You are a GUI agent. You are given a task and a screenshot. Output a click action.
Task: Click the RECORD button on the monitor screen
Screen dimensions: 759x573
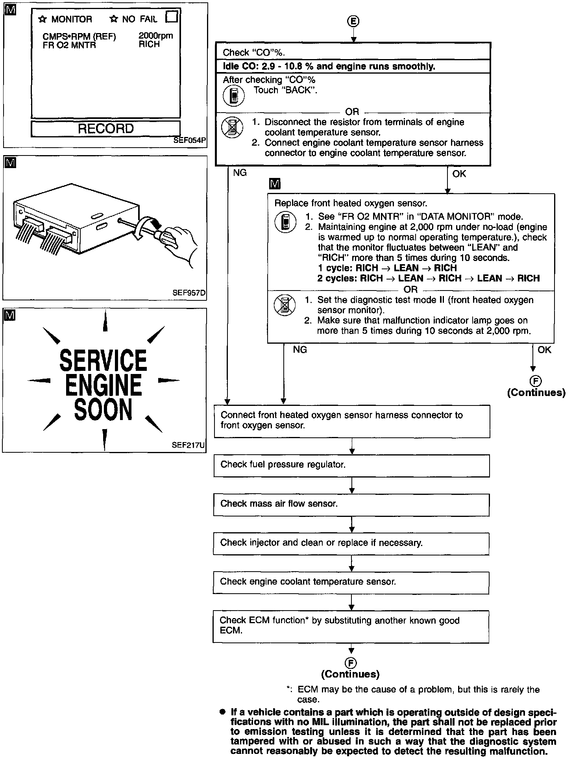click(x=105, y=129)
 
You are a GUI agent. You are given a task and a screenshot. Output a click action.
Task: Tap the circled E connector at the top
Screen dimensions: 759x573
click(x=353, y=22)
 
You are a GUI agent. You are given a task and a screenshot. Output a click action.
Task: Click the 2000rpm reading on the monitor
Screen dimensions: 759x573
click(x=155, y=36)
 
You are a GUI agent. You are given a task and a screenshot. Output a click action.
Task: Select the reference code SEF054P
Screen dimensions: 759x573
click(x=190, y=141)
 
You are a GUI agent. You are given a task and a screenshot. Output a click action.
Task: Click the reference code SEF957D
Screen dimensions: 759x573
click(x=189, y=293)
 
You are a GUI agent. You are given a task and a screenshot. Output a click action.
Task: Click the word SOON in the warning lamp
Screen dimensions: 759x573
click(x=103, y=410)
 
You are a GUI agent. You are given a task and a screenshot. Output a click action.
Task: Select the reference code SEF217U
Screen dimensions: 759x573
click(x=189, y=446)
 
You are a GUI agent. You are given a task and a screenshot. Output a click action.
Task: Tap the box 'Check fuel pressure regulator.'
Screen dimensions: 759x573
click(x=351, y=465)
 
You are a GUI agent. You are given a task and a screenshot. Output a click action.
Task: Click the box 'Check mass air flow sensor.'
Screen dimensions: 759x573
click(x=351, y=504)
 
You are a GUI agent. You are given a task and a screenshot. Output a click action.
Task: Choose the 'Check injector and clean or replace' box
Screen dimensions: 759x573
click(x=351, y=543)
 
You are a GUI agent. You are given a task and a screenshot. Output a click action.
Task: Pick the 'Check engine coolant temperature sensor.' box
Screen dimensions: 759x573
click(x=351, y=582)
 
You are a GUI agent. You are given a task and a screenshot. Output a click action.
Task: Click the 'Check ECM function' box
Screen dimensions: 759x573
click(x=351, y=626)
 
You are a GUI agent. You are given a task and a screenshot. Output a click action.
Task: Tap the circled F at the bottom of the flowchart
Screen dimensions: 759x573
click(x=351, y=663)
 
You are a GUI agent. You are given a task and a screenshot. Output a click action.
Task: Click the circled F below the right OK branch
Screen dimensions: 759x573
click(x=536, y=381)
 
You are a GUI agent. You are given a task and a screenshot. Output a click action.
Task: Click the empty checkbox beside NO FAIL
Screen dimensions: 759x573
click(x=172, y=17)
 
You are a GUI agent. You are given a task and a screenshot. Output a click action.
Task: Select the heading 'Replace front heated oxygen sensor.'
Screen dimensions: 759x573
click(x=351, y=204)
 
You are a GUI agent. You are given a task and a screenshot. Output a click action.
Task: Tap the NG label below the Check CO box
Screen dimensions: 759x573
click(x=240, y=173)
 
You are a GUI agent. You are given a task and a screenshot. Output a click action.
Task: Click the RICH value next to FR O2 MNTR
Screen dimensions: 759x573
click(x=149, y=44)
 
